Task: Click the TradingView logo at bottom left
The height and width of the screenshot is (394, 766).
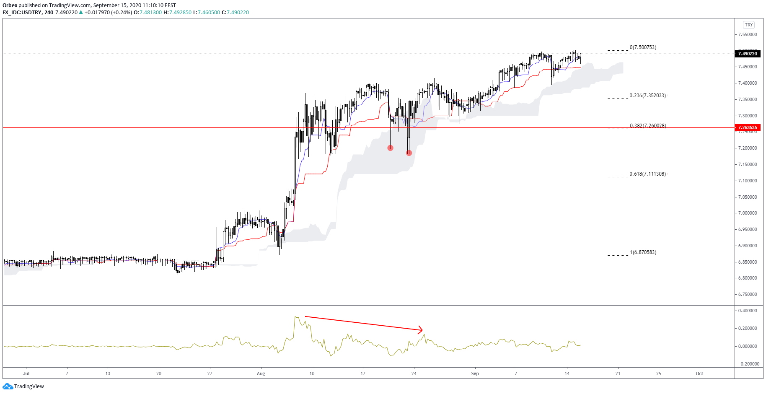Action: [23, 386]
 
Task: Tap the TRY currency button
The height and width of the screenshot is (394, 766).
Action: [748, 25]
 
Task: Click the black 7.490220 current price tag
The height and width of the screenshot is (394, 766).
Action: [748, 54]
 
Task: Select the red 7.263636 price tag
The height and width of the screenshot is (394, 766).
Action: [748, 127]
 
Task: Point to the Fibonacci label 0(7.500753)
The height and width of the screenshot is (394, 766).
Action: [643, 47]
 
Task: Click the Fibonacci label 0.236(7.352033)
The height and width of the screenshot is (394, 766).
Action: [647, 96]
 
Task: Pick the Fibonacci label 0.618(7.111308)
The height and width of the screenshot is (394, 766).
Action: [647, 174]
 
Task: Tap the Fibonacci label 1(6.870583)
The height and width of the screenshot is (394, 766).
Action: [643, 252]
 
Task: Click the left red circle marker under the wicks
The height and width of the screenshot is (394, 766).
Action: [391, 148]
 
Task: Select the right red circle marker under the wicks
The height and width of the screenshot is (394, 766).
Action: [409, 153]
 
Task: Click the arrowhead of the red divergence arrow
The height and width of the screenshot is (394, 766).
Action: [421, 330]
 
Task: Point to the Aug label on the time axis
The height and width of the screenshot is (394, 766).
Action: [261, 373]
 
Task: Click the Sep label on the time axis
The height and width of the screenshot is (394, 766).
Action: [475, 373]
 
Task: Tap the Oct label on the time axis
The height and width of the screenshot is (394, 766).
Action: [699, 373]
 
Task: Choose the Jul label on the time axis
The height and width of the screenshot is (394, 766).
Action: [26, 373]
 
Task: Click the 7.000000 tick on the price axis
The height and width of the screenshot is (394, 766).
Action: [748, 213]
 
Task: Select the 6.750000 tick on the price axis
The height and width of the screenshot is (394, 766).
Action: [748, 294]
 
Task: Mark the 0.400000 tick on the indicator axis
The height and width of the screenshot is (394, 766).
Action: [748, 311]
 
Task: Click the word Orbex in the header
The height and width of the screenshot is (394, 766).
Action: [10, 5]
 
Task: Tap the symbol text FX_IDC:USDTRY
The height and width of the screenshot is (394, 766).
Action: [22, 13]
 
